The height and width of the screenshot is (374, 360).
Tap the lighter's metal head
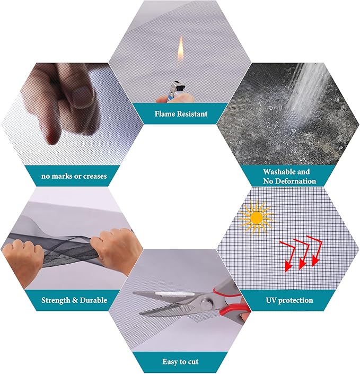pyautogui.click(x=177, y=86)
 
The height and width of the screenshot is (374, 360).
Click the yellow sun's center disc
pyautogui.click(x=257, y=218)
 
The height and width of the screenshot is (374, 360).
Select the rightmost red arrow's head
pyautogui.click(x=315, y=262)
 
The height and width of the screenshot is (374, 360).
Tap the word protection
pyautogui.click(x=296, y=300)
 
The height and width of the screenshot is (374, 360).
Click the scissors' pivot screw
pyautogui.click(x=205, y=305)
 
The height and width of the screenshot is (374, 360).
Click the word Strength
pyautogui.click(x=56, y=300)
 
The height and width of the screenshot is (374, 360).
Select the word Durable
pyautogui.click(x=93, y=300)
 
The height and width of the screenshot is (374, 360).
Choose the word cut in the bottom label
pyautogui.click(x=192, y=362)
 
